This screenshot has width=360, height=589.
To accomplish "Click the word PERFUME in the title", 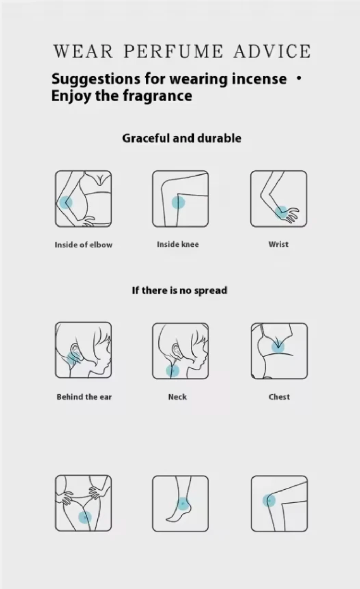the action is coord(173,51).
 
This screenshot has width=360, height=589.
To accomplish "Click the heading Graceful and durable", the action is coord(182,138).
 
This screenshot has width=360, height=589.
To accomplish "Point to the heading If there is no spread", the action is coord(180,291).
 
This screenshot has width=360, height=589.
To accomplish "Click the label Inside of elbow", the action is coord(84,245).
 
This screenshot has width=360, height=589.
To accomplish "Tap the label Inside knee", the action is coord(178,245).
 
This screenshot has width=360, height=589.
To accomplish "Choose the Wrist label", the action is coord(278,245).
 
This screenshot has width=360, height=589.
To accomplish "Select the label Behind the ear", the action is coord(84,397).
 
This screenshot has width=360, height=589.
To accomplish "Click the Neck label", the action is coord(178,397).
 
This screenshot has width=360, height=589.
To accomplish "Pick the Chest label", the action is coord(279,397).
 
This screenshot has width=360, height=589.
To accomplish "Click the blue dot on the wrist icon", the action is coord(282,212).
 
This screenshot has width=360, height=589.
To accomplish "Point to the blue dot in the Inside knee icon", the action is coord(178,203).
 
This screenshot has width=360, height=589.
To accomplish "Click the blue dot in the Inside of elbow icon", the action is coord(66,203).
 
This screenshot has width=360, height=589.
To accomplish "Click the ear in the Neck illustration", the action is coord(176,349).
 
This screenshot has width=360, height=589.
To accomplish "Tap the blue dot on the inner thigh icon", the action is coord(85,518).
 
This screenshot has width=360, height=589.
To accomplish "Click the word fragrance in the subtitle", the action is coord(158,96).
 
